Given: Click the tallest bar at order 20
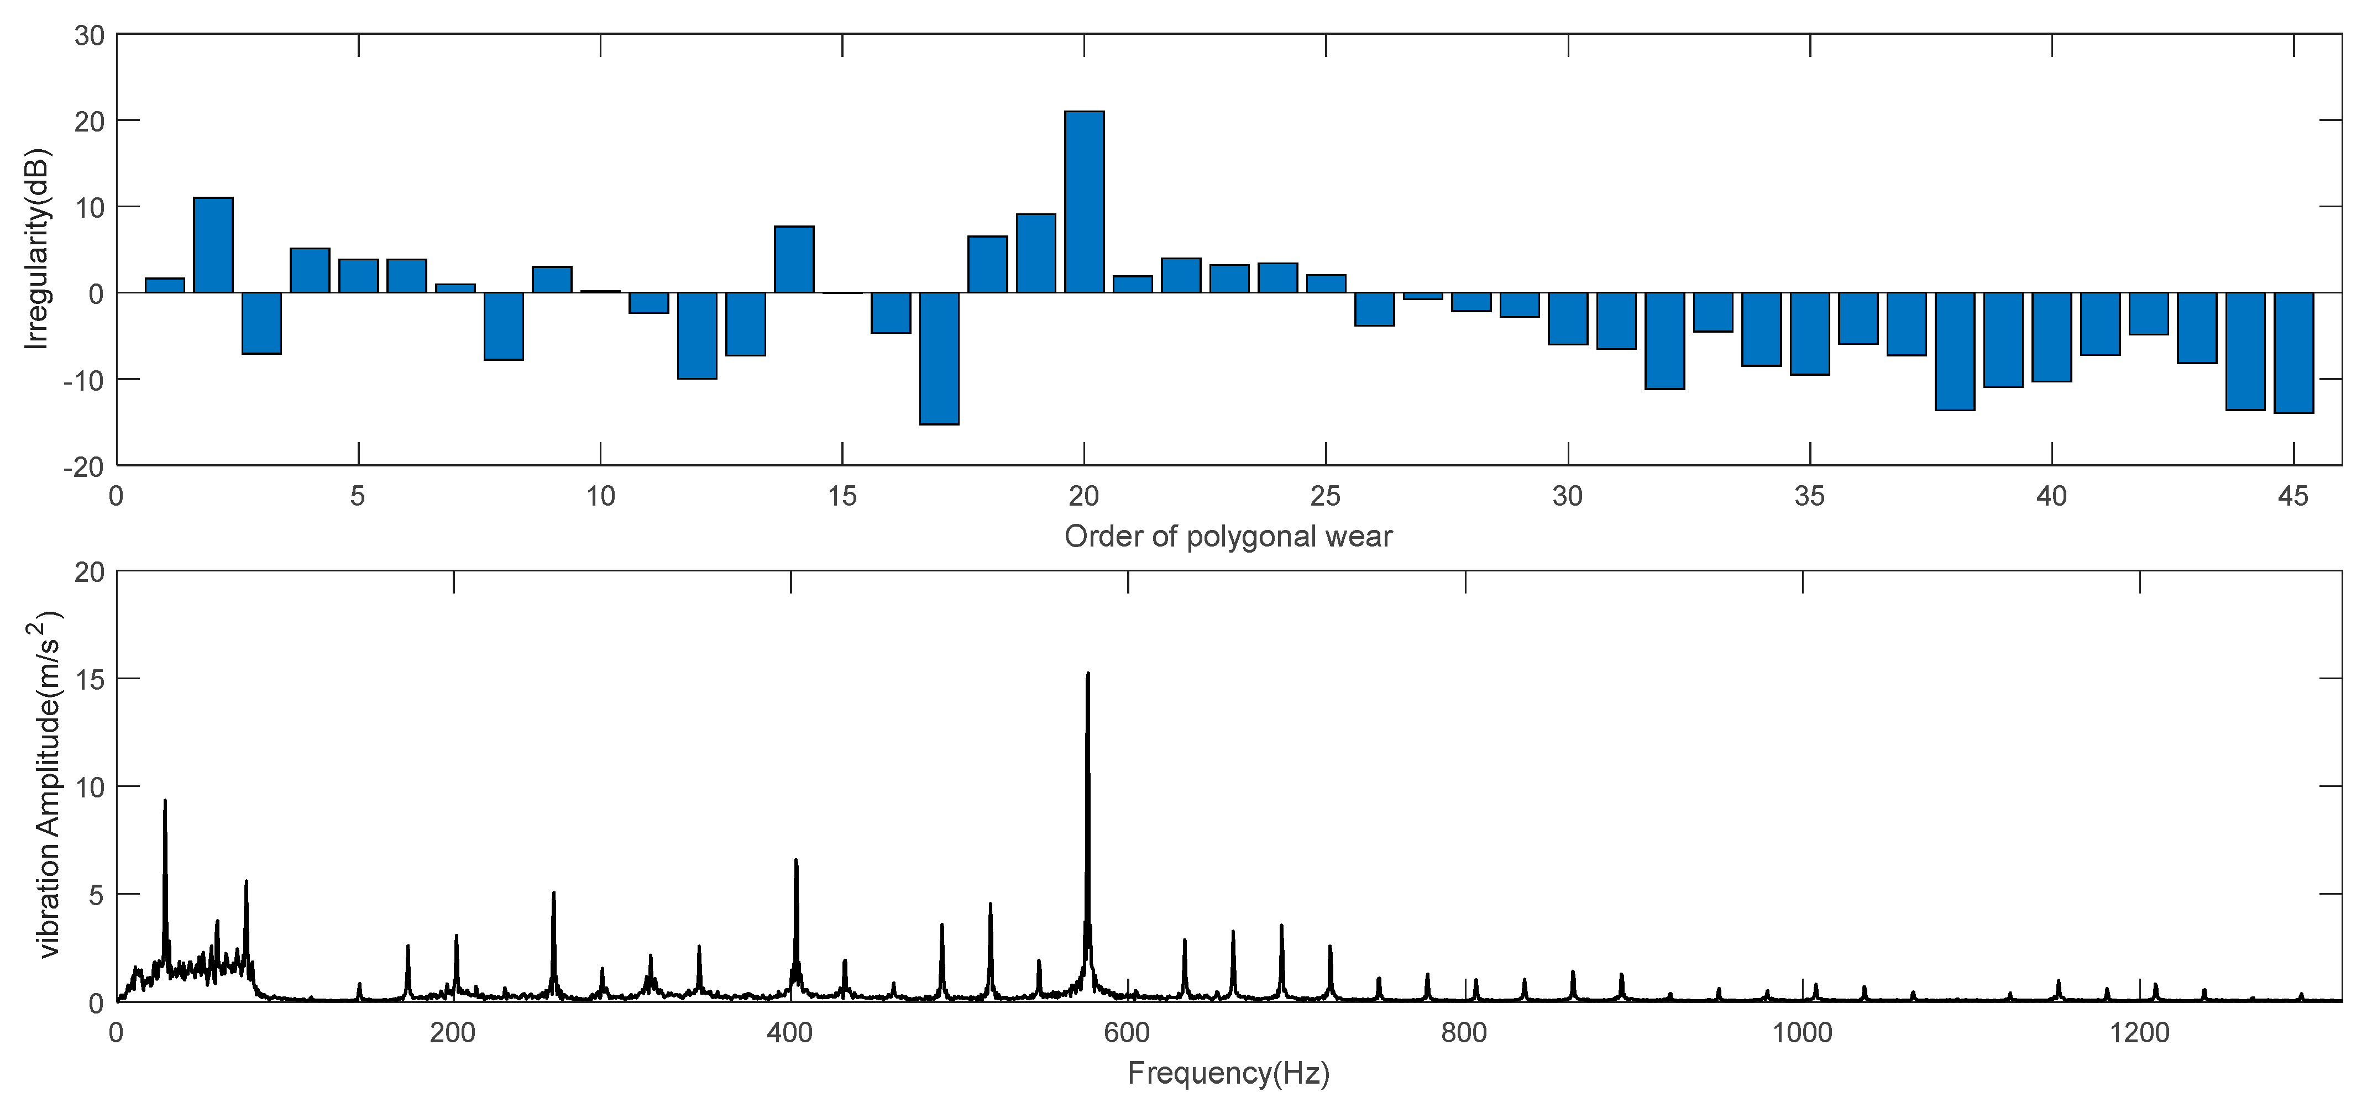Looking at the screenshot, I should point(1084,202).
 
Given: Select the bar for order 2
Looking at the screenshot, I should point(213,245).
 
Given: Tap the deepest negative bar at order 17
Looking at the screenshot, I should point(939,358).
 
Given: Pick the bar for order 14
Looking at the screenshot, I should point(794,259).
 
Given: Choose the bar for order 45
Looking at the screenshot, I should point(2293,353).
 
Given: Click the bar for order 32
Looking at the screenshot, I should point(1664,341).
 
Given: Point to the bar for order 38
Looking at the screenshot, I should point(1955,351).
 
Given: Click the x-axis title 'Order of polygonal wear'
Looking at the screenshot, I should point(1228,537).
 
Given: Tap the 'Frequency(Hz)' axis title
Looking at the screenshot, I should point(1228,1073).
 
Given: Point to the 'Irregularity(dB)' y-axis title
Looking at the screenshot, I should point(39,250).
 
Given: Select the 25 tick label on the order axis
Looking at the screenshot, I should point(1325,497).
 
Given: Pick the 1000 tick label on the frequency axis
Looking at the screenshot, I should point(1802,1033).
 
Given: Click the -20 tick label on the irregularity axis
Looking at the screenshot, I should point(85,467).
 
